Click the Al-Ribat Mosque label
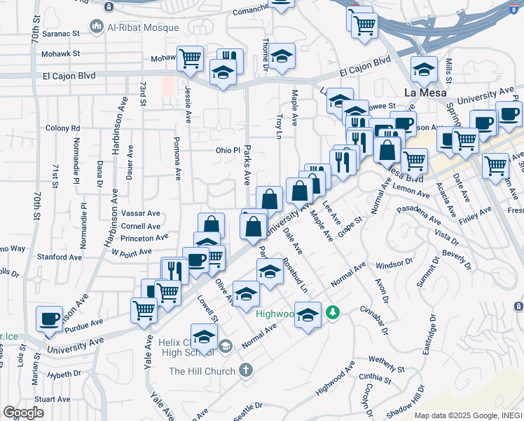(143, 27)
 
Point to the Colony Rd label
(62, 128)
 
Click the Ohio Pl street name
(228, 150)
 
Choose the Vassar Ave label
(141, 213)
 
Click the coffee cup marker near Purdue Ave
(49, 319)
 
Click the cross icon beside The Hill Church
(245, 369)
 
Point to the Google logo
(23, 413)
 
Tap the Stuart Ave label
(53, 399)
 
